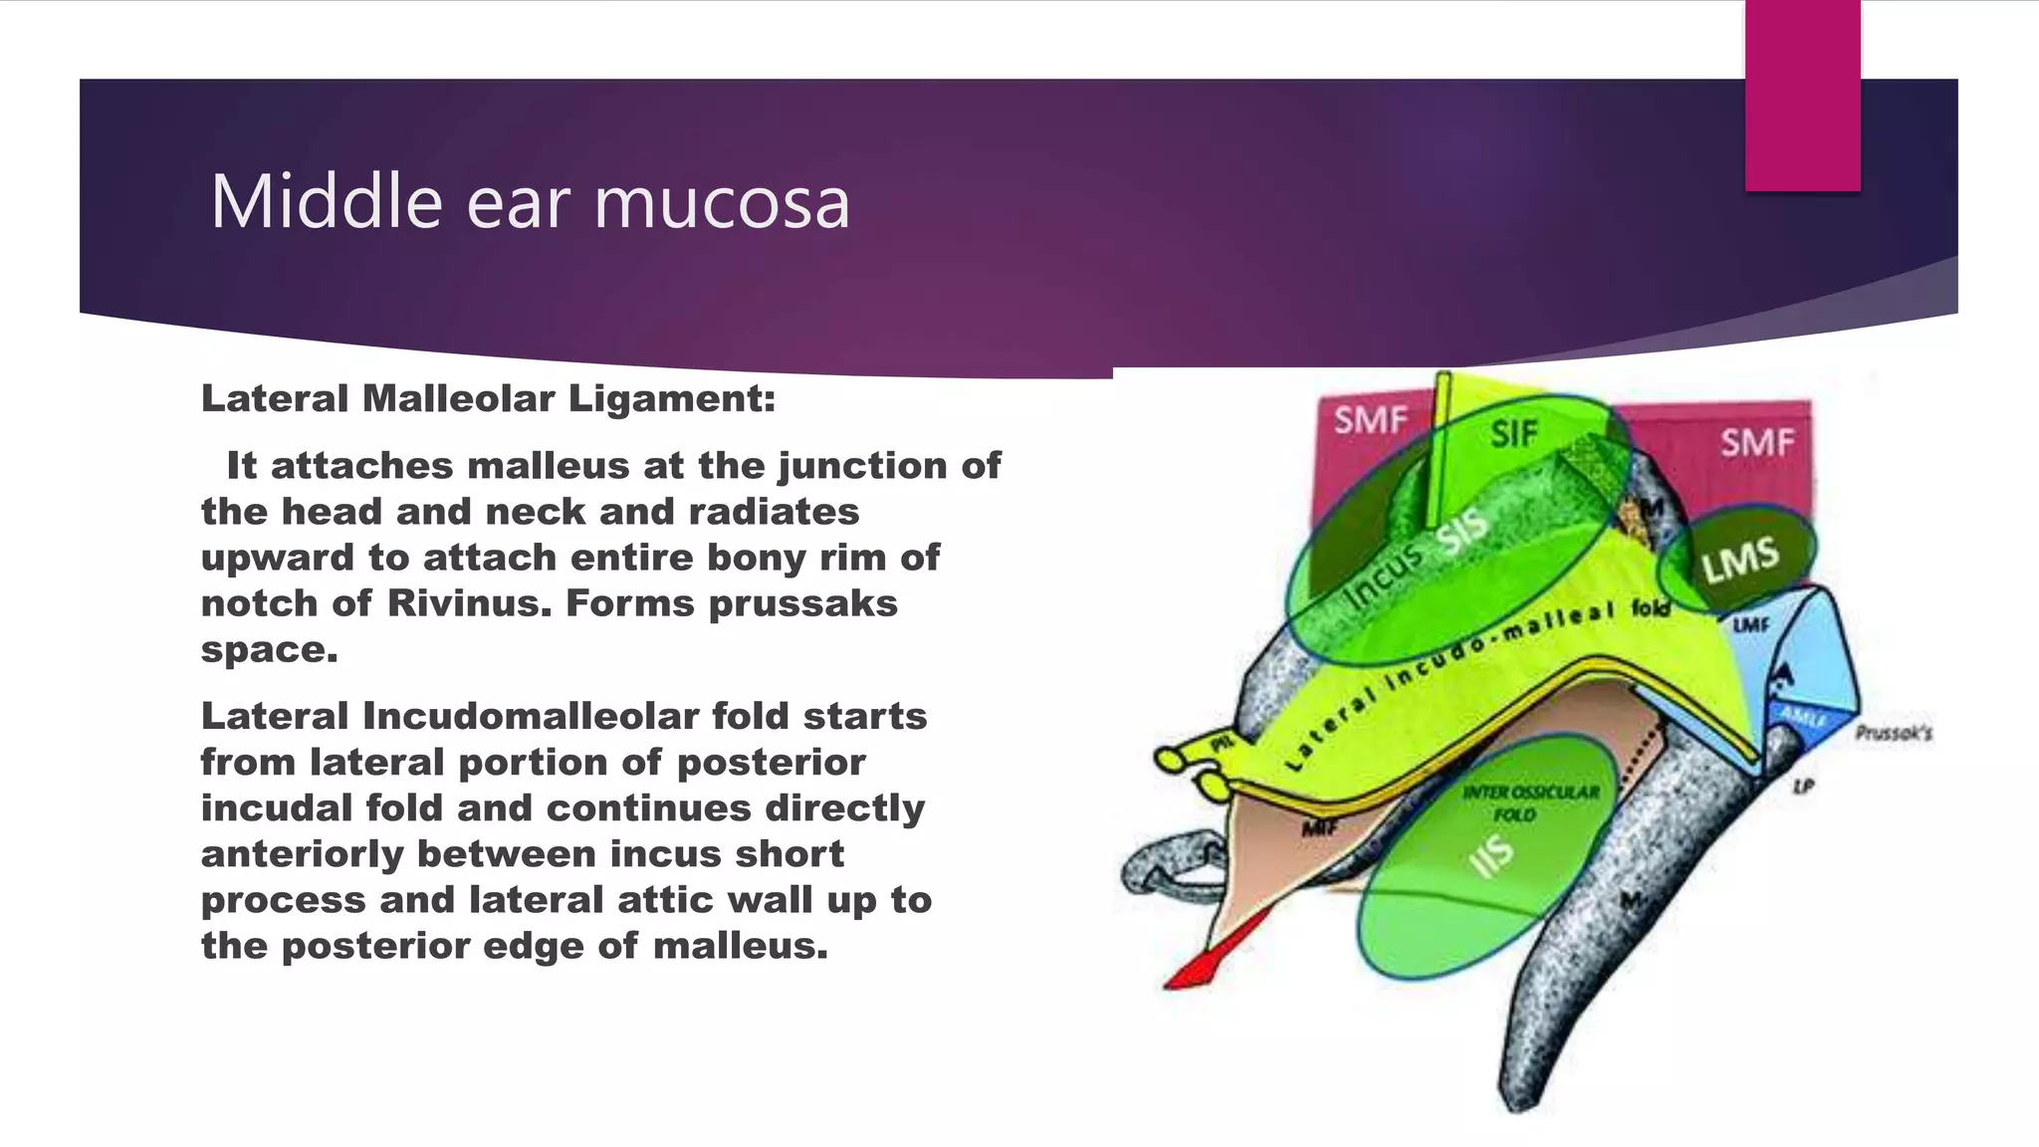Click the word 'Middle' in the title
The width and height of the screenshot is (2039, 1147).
point(326,202)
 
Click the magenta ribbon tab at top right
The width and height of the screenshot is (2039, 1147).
point(1802,96)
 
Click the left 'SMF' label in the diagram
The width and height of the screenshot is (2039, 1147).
point(1371,421)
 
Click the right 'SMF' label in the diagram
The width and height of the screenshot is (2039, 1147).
point(1757,441)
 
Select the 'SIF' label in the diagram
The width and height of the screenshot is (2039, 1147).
point(1514,433)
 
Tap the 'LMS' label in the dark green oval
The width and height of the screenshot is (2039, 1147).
point(1739,560)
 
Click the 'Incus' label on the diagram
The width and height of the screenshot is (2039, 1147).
point(1384,576)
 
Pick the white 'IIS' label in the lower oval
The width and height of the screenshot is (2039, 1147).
point(1492,855)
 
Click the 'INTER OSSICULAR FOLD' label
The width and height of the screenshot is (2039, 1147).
point(1529,803)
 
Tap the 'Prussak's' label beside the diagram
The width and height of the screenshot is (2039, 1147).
point(1893,734)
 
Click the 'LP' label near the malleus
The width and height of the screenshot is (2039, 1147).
point(1802,787)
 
